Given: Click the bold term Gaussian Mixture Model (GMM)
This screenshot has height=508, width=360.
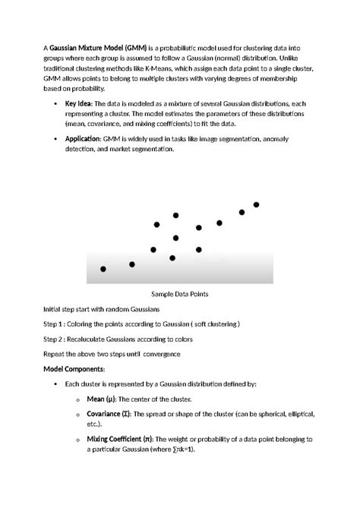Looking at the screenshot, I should (x=99, y=47).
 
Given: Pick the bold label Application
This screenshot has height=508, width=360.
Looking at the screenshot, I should (x=83, y=139).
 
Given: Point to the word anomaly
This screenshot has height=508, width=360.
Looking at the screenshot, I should (x=298, y=139).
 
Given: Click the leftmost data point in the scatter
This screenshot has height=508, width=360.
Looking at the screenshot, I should (x=103, y=269).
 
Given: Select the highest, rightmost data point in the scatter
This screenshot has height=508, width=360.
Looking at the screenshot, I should (x=256, y=205).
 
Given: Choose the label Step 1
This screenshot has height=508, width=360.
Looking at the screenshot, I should (x=57, y=324).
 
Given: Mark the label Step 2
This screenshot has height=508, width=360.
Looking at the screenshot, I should (x=57, y=339).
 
